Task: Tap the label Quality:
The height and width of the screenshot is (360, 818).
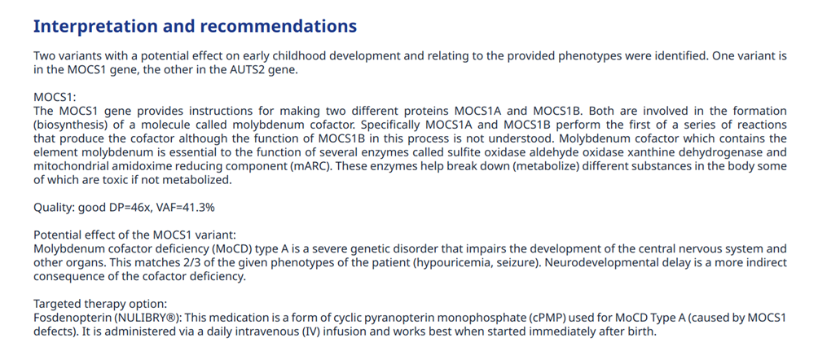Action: tap(55, 208)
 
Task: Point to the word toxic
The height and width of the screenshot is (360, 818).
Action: tap(134, 180)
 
